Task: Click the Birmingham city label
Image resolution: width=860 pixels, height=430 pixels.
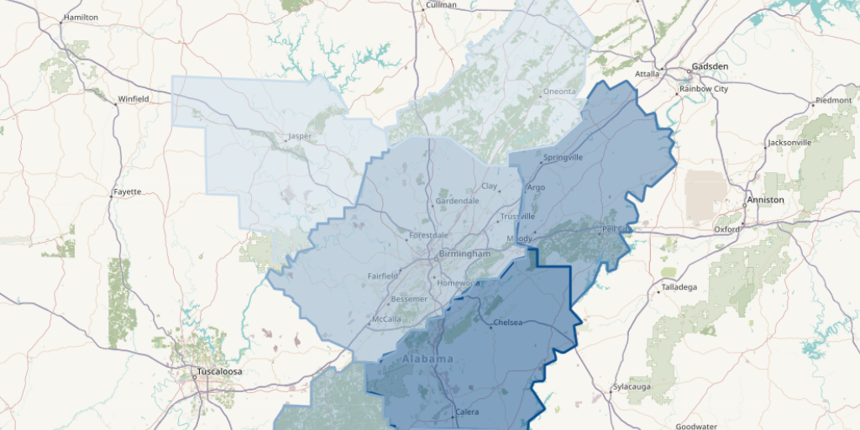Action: (x=464, y=254)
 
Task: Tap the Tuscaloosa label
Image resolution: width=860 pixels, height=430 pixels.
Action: (x=218, y=370)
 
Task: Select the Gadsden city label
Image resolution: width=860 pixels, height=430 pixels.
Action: (x=710, y=66)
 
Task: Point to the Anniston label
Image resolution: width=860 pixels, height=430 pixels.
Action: (x=765, y=200)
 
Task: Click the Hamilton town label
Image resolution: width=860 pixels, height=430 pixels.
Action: (x=81, y=17)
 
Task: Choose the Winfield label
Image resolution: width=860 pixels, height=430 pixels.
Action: (x=133, y=99)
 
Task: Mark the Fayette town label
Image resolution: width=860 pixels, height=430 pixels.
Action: (x=127, y=191)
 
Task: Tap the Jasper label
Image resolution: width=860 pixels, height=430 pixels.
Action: (x=300, y=135)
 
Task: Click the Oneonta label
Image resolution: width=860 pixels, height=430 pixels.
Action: (x=559, y=92)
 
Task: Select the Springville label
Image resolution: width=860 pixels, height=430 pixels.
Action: (x=563, y=157)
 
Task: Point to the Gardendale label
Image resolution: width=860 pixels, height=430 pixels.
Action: (x=458, y=201)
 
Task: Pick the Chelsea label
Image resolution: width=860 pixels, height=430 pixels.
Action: (x=508, y=322)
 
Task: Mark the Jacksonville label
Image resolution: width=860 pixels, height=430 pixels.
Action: (x=789, y=143)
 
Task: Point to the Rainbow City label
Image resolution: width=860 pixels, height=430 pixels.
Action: (x=704, y=88)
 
